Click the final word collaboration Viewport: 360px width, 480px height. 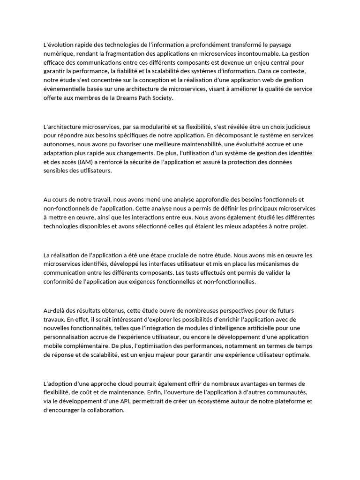102,410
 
